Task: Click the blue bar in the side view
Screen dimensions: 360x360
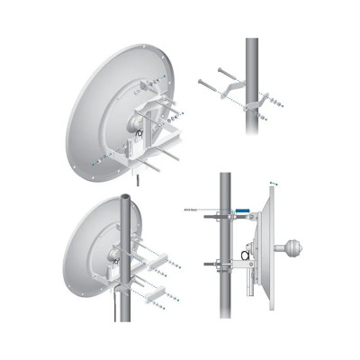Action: click(243, 210)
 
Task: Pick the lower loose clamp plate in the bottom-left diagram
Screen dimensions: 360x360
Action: click(152, 293)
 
